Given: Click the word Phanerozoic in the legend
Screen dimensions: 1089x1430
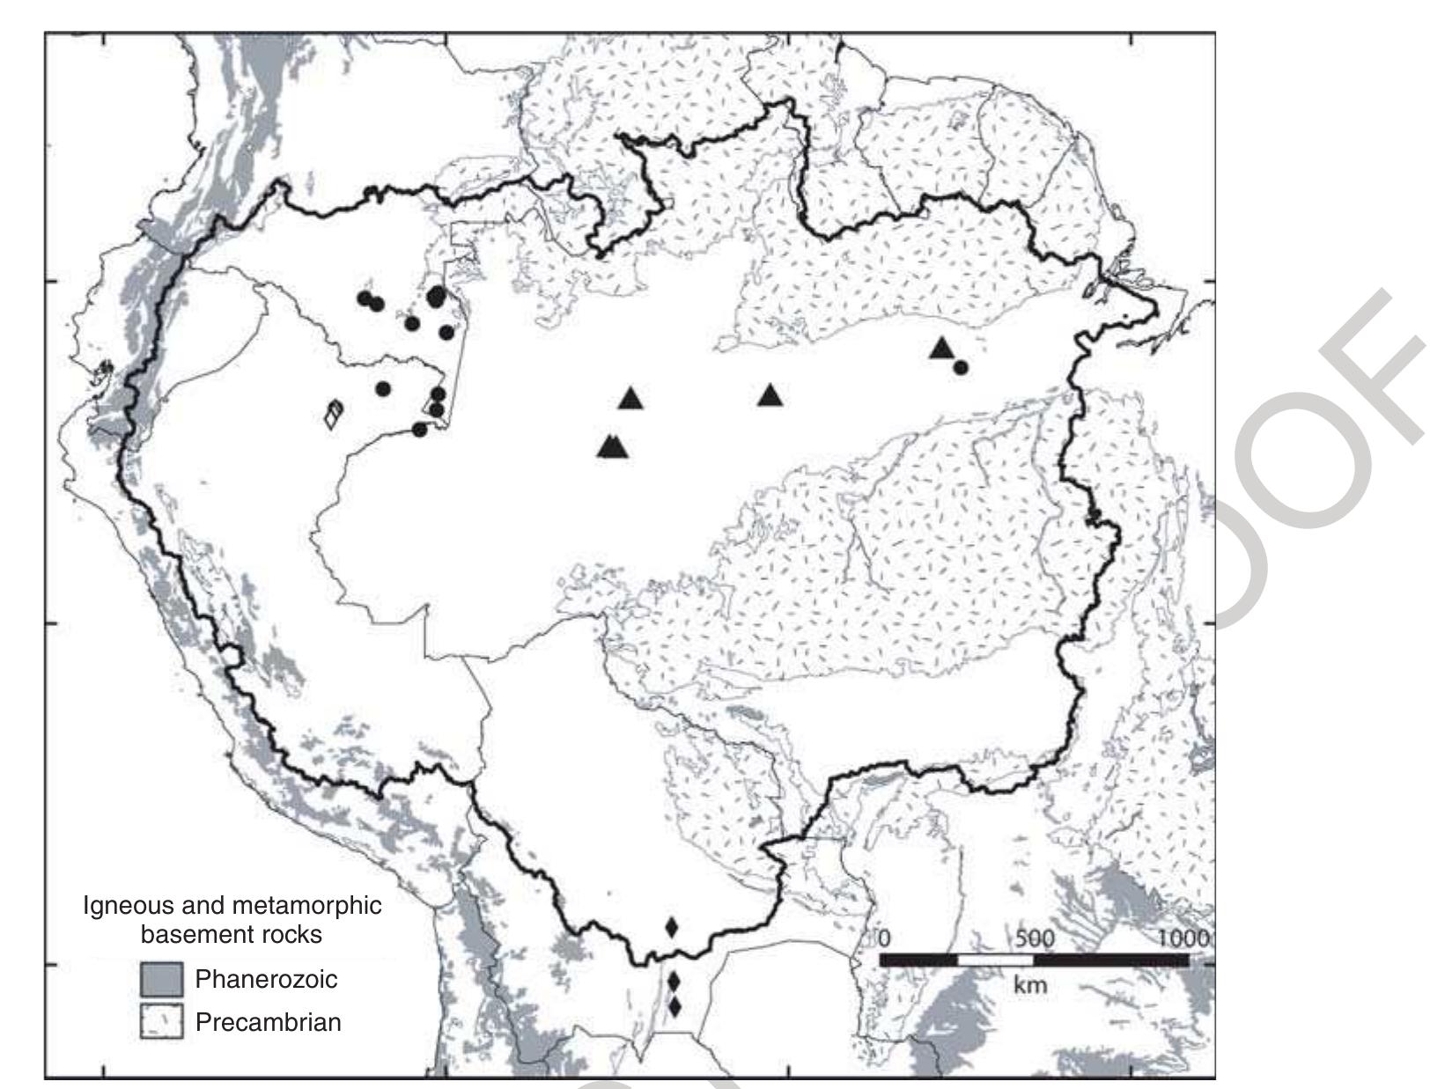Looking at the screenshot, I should [266, 978].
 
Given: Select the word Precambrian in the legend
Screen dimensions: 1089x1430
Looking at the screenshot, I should [268, 1022].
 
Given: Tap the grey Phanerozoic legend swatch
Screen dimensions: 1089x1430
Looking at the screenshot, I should [161, 979].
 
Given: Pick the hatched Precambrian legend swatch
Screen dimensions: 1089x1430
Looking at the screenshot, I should [161, 1022].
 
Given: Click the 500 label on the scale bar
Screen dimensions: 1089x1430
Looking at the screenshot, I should [1035, 937].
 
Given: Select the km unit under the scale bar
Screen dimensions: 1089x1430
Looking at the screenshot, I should [1030, 984].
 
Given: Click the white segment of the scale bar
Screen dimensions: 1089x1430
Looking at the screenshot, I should [995, 960].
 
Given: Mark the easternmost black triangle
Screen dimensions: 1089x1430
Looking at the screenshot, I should [942, 349].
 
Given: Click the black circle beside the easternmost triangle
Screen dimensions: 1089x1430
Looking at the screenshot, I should [961, 367].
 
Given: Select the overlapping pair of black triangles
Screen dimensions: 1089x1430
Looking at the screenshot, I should [613, 447].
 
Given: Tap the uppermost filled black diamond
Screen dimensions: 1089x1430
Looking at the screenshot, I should [672, 926].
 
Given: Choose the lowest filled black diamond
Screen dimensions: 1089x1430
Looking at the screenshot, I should [674, 1006].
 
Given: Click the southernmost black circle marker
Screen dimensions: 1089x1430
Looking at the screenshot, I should [420, 430].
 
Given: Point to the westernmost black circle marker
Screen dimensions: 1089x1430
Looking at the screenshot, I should [364, 298].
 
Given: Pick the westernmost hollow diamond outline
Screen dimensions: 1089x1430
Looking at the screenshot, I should [331, 416].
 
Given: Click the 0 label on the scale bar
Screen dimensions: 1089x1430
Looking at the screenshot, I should [885, 937].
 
